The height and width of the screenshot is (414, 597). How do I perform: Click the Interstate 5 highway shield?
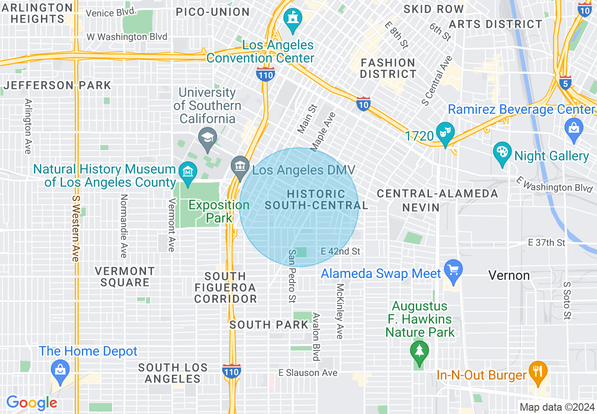pyautogui.click(x=565, y=83)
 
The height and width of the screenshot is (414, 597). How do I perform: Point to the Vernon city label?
pyautogui.click(x=509, y=275)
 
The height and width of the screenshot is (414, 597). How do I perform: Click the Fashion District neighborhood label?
pyautogui.click(x=388, y=68)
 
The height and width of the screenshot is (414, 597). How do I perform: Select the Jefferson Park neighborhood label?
pyautogui.click(x=57, y=85)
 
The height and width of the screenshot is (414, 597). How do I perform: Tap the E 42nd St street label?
pyautogui.click(x=340, y=252)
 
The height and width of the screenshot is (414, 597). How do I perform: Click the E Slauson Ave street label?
pyautogui.click(x=308, y=373)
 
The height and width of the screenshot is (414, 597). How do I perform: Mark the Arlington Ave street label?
pyautogui.click(x=28, y=126)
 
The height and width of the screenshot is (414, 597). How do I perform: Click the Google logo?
pyautogui.click(x=32, y=403)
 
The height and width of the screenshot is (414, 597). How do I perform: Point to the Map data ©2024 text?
pyautogui.click(x=556, y=407)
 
